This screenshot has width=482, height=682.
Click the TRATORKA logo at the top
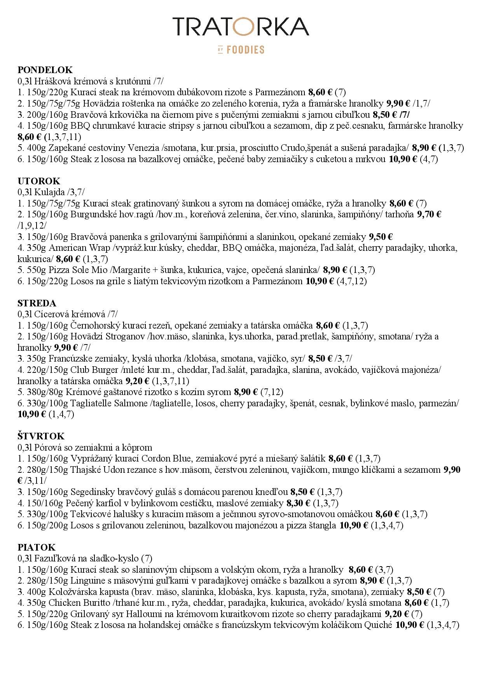241,26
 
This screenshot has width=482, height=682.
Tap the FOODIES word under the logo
245,50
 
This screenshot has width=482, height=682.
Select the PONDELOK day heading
45,70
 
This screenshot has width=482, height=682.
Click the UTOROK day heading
39,181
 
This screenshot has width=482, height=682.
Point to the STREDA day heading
37,303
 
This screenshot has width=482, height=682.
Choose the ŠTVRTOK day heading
41,436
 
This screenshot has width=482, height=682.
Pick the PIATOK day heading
37,547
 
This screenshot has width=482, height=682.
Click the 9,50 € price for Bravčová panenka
381,237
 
